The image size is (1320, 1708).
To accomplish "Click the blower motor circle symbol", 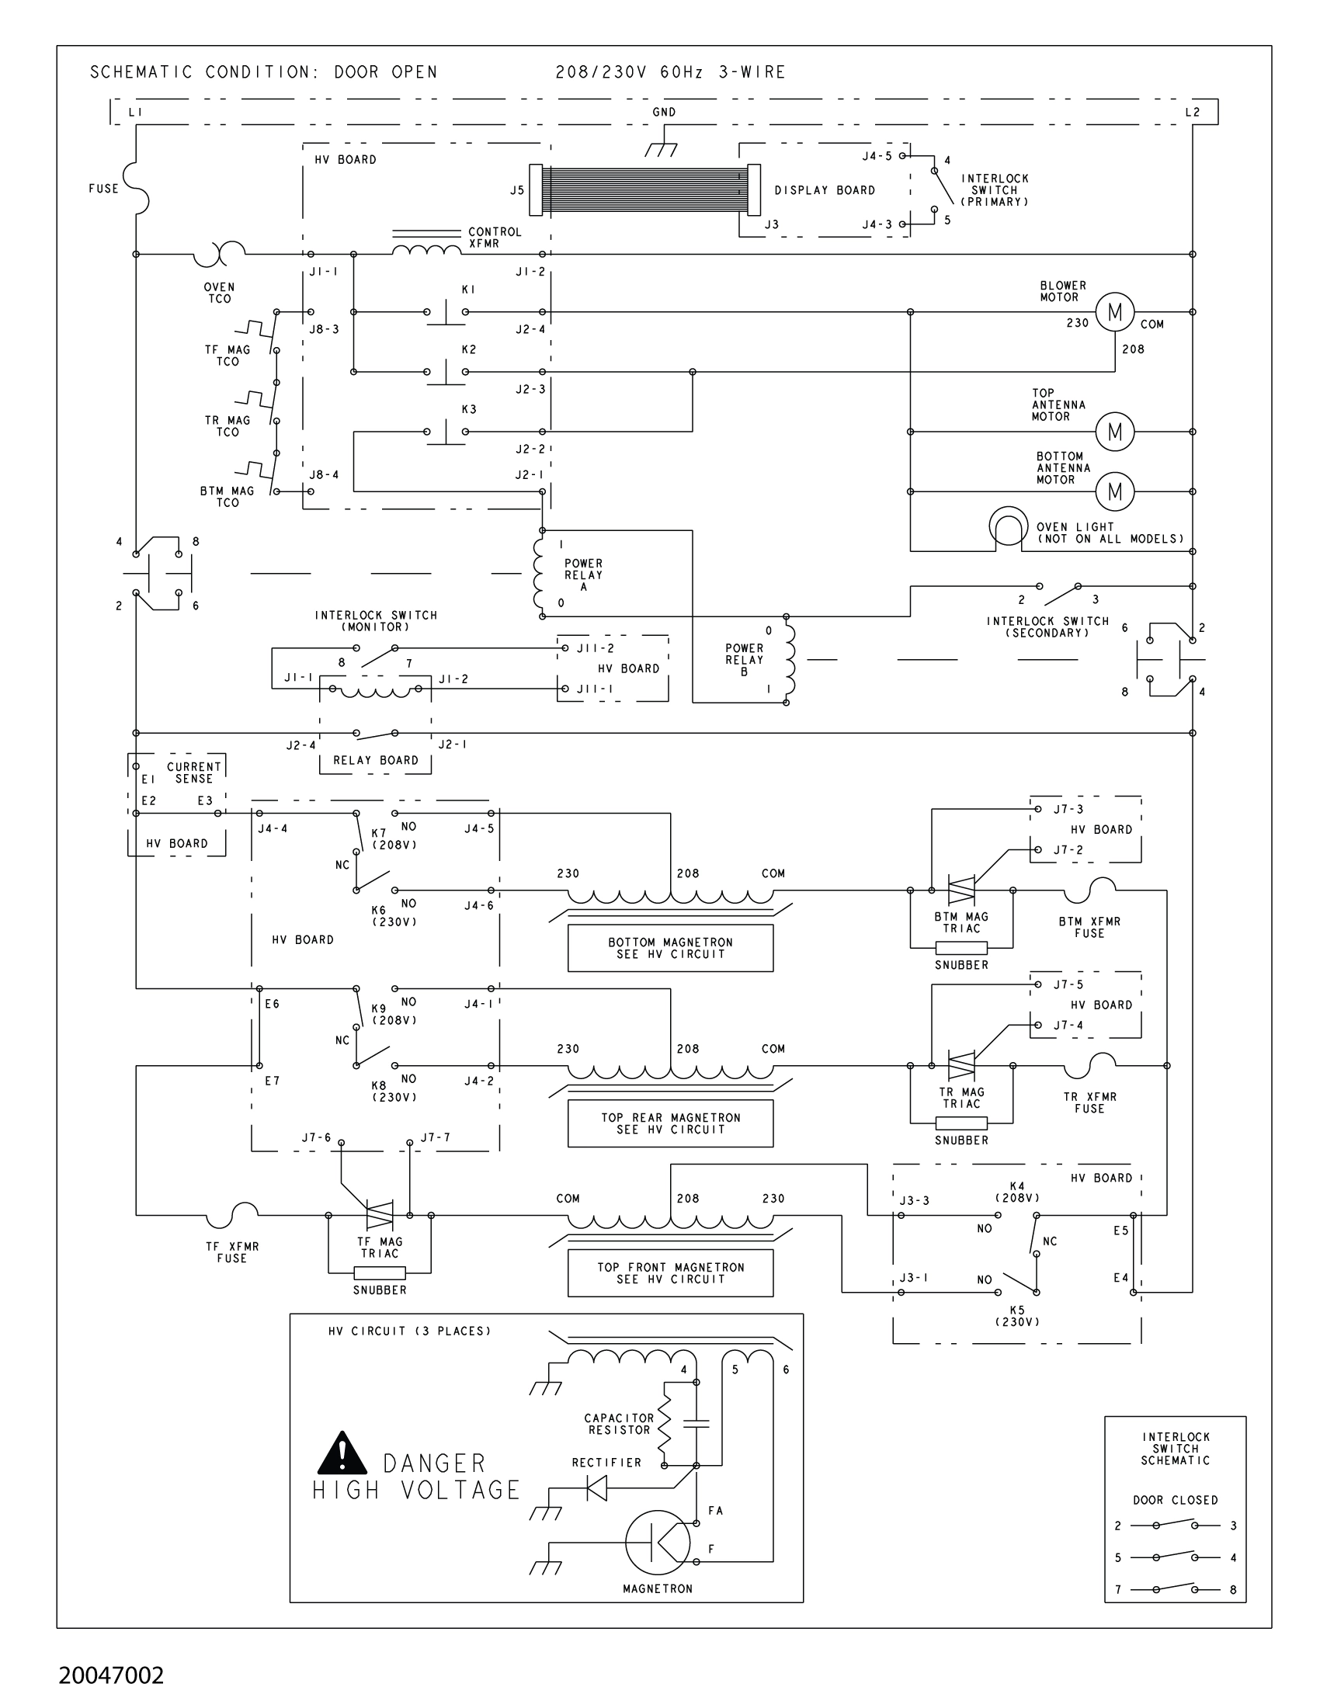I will [x=1114, y=312].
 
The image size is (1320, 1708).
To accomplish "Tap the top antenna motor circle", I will [x=1114, y=432].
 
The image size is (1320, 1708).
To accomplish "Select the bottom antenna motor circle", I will [x=1114, y=491].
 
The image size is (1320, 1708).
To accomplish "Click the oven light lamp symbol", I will [x=1008, y=526].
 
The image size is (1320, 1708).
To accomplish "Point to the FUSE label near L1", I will [x=103, y=189].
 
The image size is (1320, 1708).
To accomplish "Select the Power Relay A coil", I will [x=538, y=575].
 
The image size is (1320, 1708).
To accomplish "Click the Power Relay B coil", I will [x=790, y=659].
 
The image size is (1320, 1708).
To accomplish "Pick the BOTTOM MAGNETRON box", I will [x=670, y=948].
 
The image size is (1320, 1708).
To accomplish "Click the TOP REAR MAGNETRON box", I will [x=670, y=1123].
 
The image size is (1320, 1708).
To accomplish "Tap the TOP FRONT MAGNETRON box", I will [x=670, y=1272].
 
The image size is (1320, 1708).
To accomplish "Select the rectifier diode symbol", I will [x=597, y=1488].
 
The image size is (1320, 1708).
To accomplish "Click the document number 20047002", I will [x=111, y=1675].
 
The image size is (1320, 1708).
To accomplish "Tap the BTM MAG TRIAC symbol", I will [x=960, y=890].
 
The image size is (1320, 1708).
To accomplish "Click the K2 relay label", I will [x=468, y=349].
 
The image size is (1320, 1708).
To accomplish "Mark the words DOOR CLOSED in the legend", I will [x=1175, y=1500].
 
